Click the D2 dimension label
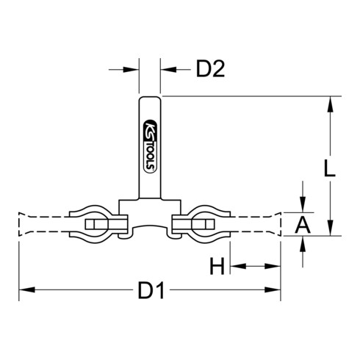click(209, 71)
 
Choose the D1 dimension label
click(151, 291)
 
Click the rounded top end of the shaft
click(150, 98)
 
